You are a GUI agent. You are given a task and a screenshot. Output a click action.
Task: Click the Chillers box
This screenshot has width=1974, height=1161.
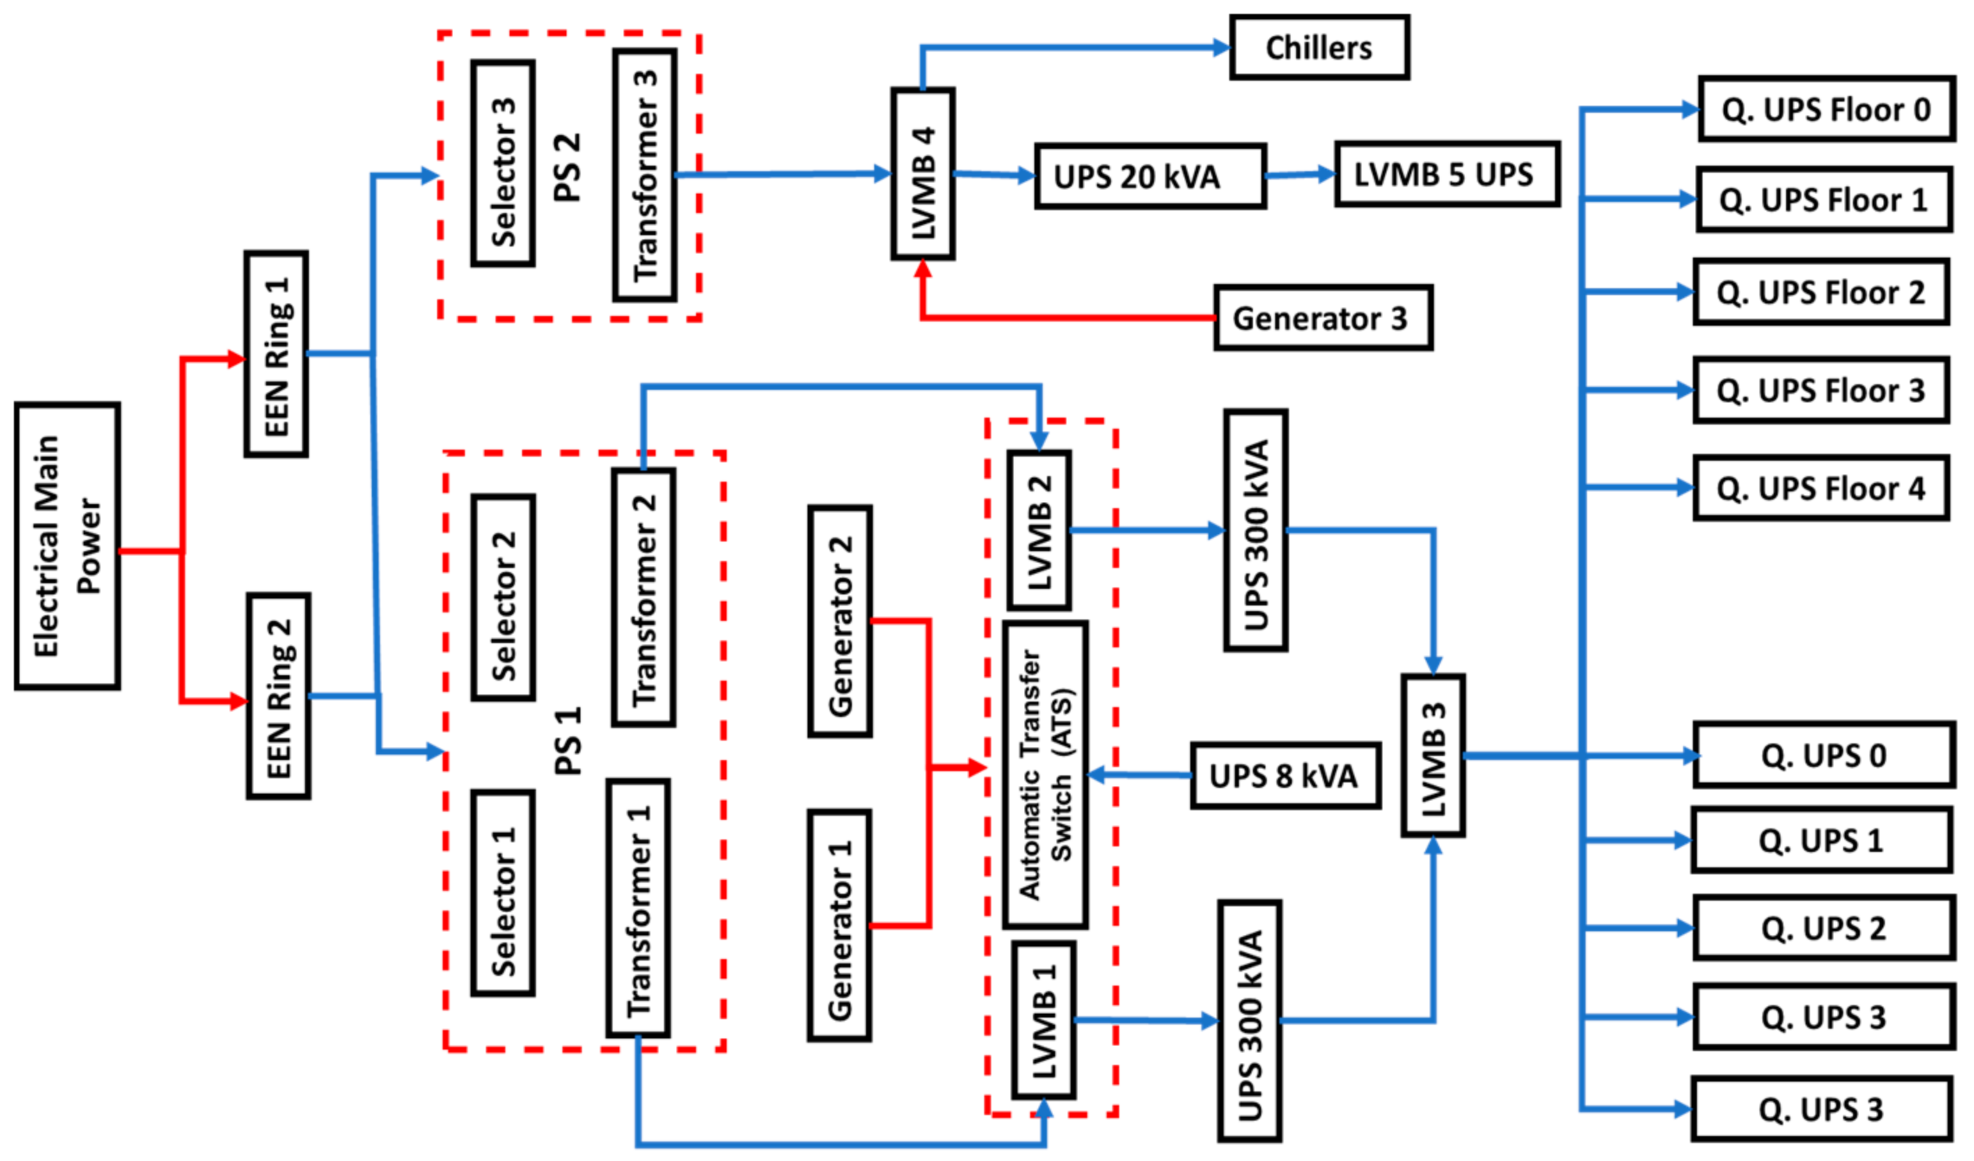[1319, 47]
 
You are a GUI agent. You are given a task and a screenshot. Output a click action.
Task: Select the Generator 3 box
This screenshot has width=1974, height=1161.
[1323, 317]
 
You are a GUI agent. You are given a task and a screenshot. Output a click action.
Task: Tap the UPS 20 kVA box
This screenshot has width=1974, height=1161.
[1150, 176]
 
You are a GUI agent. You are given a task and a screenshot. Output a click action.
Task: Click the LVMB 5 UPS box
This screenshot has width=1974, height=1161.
[1447, 174]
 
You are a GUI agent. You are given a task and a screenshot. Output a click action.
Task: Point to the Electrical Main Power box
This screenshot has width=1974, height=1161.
[68, 546]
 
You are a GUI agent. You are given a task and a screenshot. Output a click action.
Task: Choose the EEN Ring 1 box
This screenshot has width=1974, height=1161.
[276, 354]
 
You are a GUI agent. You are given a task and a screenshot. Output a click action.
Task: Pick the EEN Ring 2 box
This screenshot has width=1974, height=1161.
[278, 697]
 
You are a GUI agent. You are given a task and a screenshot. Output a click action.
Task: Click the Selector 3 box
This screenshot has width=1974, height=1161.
[503, 163]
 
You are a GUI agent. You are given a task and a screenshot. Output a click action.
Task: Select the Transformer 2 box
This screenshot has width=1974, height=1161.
[643, 598]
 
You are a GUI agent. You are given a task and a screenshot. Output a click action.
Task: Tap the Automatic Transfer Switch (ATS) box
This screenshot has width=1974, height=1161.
[1045, 775]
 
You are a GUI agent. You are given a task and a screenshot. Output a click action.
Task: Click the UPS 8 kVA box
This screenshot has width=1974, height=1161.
[1285, 775]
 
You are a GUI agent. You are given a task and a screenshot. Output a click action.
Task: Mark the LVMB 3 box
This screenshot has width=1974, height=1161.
[1432, 756]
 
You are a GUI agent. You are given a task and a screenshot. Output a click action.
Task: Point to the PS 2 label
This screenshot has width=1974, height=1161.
[567, 167]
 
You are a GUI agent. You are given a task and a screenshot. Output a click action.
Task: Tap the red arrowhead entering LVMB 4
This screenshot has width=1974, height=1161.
[923, 268]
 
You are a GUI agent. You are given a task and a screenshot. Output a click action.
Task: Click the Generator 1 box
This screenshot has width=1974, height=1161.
[839, 926]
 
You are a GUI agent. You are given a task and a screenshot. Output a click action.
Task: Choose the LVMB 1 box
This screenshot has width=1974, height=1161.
[1043, 1020]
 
